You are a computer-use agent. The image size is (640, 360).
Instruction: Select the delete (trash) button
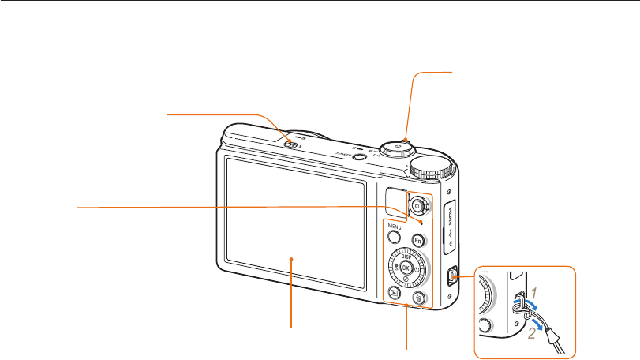(x=420, y=298)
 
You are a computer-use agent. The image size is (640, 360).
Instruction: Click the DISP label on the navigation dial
(x=406, y=256)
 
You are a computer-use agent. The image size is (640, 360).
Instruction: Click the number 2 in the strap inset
(x=532, y=333)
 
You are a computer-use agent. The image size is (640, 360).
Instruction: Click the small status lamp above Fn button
(x=422, y=223)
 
